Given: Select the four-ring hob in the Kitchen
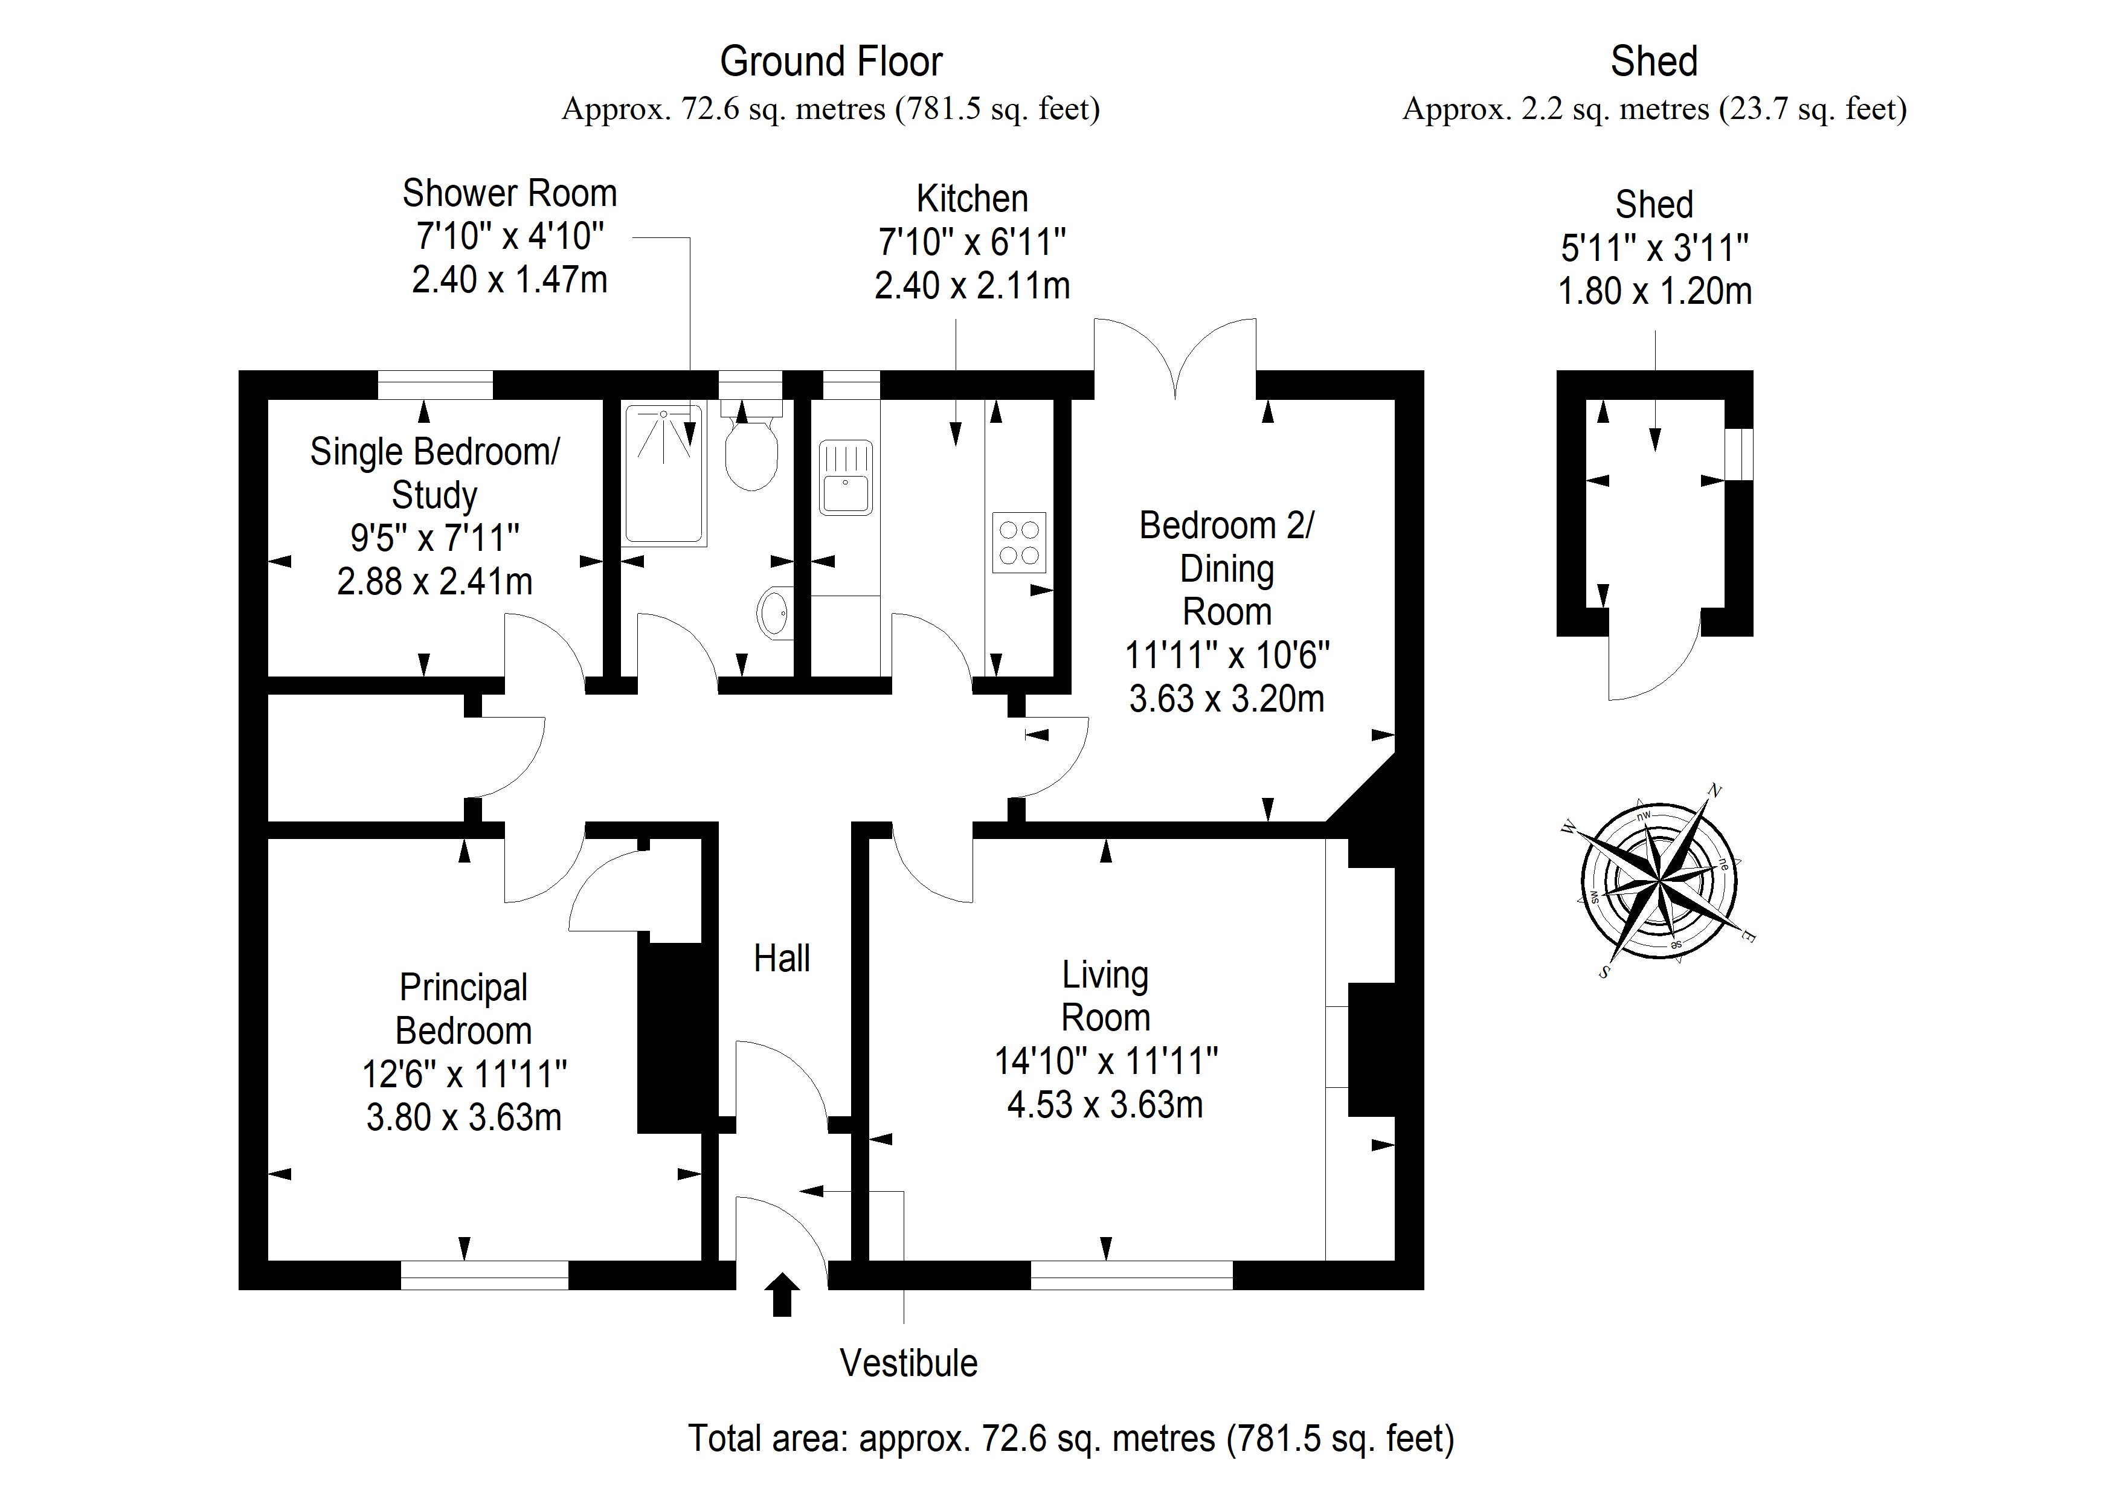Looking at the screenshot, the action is (x=1019, y=542).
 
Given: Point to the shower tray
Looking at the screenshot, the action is (x=664, y=474).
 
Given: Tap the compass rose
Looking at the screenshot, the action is (x=1659, y=881).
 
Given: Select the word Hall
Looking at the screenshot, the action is (x=782, y=959).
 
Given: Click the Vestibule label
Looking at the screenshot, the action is (x=908, y=1363).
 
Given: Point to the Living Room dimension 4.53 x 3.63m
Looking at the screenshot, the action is (x=1105, y=1105).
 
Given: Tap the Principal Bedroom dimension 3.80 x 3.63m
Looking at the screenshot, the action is (x=463, y=1117).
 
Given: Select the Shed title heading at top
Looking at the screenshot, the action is (x=1654, y=62).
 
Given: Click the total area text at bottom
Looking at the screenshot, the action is (x=1070, y=1439).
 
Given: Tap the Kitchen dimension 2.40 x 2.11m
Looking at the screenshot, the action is (x=972, y=286).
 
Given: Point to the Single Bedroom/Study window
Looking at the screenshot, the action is (x=435, y=385).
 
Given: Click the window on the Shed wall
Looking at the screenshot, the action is (x=1739, y=454).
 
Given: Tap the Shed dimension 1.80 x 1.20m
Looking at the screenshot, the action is (x=1654, y=292).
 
